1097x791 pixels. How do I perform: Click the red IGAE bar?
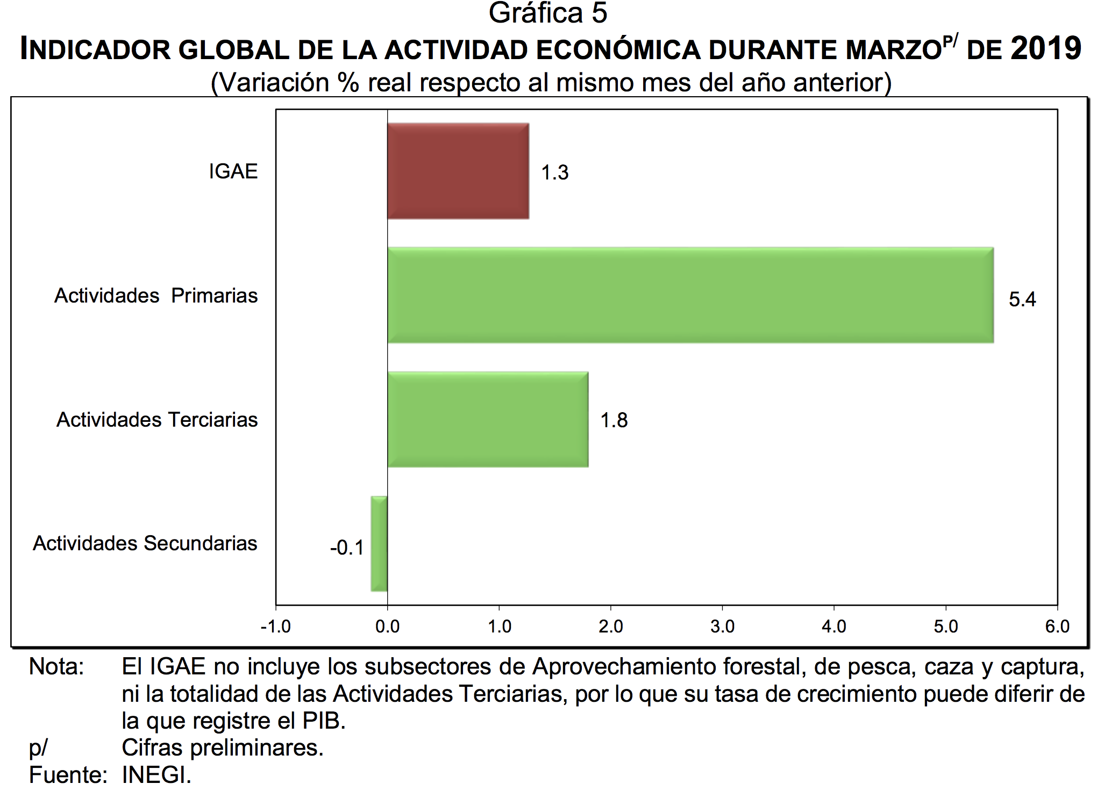(458, 171)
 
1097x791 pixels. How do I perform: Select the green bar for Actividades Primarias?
(690, 295)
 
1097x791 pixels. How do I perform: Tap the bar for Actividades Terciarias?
(487, 419)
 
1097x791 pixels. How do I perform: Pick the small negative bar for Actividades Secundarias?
(379, 543)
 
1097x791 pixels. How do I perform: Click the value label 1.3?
(554, 172)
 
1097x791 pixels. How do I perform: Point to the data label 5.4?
(1022, 299)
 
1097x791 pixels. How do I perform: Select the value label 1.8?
(614, 420)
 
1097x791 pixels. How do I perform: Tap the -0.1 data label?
(347, 548)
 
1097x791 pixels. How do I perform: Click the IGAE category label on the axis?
(233, 171)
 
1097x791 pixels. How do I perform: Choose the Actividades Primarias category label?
(156, 296)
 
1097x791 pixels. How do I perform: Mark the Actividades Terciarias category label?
(157, 420)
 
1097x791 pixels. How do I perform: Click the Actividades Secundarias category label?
(145, 543)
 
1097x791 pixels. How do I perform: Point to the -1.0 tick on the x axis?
(275, 627)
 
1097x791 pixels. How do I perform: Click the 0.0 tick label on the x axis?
(387, 627)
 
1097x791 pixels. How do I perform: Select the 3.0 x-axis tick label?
(722, 627)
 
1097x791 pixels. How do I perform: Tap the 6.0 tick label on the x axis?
(1057, 627)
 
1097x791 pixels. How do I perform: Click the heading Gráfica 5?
(547, 13)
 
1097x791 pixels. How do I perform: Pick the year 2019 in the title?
(1045, 48)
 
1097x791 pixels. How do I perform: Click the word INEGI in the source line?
(156, 775)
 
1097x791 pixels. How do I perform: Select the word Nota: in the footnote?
(56, 667)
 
